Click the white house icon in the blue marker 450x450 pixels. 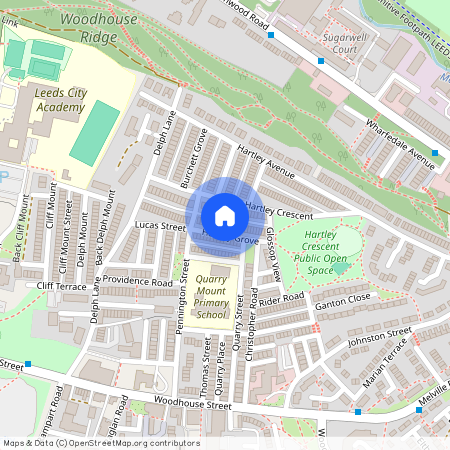225,215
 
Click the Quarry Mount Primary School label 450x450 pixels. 212,297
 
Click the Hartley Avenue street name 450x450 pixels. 266,162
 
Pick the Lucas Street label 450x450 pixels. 160,227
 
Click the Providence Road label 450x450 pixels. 140,282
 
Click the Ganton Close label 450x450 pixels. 344,299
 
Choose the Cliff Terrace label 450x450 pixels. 63,286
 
